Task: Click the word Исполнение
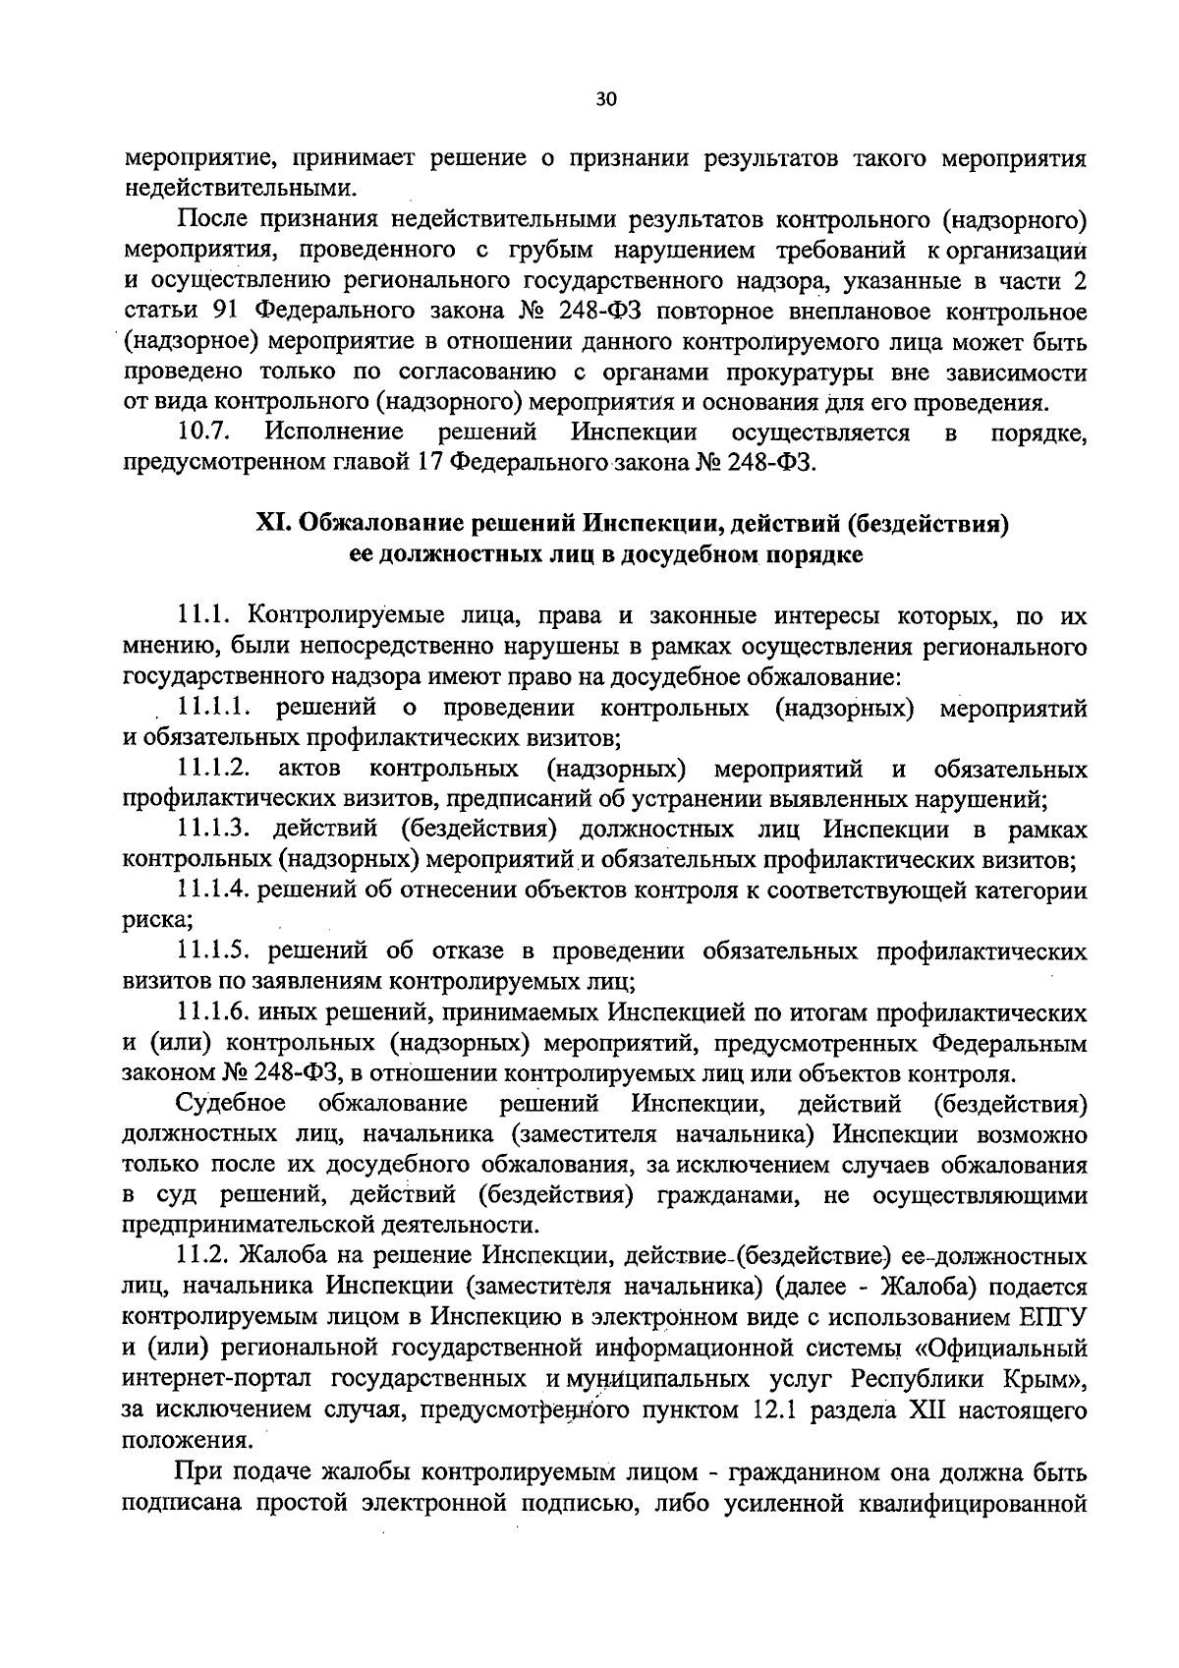[x=335, y=432]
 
